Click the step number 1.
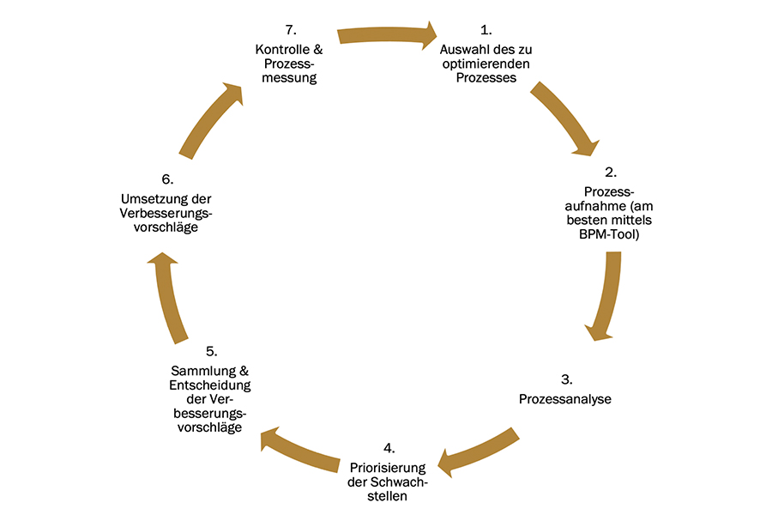tap(486, 33)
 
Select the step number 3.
tap(565, 379)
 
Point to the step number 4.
tap(389, 448)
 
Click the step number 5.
tap(211, 351)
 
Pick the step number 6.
tap(166, 179)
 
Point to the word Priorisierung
tap(389, 467)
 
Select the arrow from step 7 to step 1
tap(387, 35)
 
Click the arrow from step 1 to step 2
tap(564, 119)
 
